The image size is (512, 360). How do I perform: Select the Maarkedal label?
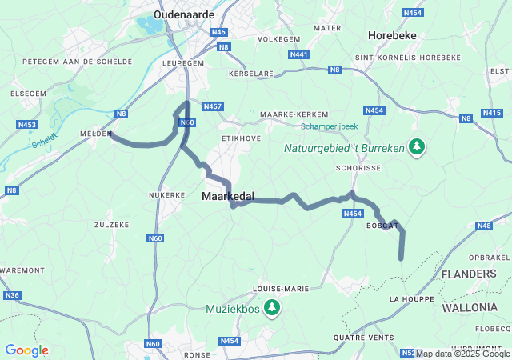tap(229, 196)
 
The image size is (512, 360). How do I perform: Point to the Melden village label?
tap(95, 134)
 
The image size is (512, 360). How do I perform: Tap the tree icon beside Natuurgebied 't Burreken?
tap(416, 146)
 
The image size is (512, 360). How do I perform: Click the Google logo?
tap(27, 350)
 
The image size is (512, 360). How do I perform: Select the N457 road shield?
tap(213, 106)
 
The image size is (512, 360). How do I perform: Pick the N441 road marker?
tap(299, 54)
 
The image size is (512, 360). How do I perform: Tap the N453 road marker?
tap(26, 125)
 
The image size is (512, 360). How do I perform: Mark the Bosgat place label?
tap(382, 226)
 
